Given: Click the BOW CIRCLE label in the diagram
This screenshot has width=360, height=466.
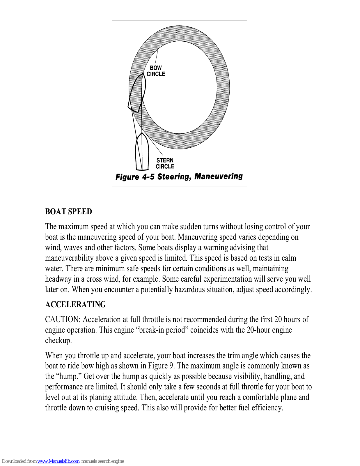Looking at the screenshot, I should (x=156, y=71).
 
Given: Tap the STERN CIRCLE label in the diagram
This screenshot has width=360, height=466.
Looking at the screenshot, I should (x=165, y=163).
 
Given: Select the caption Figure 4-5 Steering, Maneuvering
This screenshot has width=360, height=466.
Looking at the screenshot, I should (x=179, y=176).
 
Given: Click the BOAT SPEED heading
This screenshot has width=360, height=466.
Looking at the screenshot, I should (x=68, y=211).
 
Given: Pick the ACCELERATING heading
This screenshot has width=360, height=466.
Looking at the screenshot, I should (x=75, y=304).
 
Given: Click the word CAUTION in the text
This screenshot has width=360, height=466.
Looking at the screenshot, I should (x=62, y=320).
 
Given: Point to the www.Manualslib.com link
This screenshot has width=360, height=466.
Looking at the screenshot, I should (x=58, y=461).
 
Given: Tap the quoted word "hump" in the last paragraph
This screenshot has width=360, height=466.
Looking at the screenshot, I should (x=68, y=376).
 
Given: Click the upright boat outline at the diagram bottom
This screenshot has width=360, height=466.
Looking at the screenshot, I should (x=142, y=153).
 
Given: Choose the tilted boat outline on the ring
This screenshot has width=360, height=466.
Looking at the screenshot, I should (x=136, y=93).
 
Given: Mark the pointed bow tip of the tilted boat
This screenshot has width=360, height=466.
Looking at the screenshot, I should (x=143, y=74).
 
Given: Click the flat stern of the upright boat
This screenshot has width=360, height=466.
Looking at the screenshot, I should (x=142, y=170).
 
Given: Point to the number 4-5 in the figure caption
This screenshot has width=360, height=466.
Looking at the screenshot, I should (x=148, y=177).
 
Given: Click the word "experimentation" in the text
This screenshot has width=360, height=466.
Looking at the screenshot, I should (x=227, y=279).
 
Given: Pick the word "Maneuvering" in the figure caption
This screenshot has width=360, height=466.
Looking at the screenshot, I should (x=219, y=176).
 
